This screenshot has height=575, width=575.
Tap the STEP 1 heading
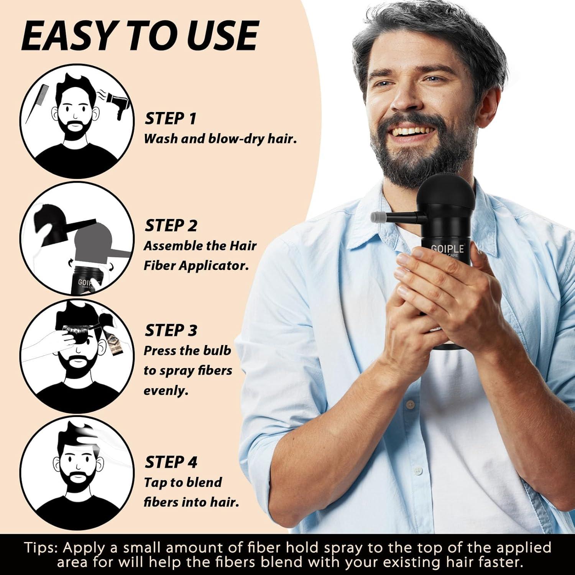tap(171, 118)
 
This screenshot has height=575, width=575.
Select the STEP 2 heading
tap(171, 226)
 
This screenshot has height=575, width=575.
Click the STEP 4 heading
tap(171, 462)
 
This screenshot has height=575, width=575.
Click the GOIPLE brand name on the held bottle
tap(447, 249)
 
